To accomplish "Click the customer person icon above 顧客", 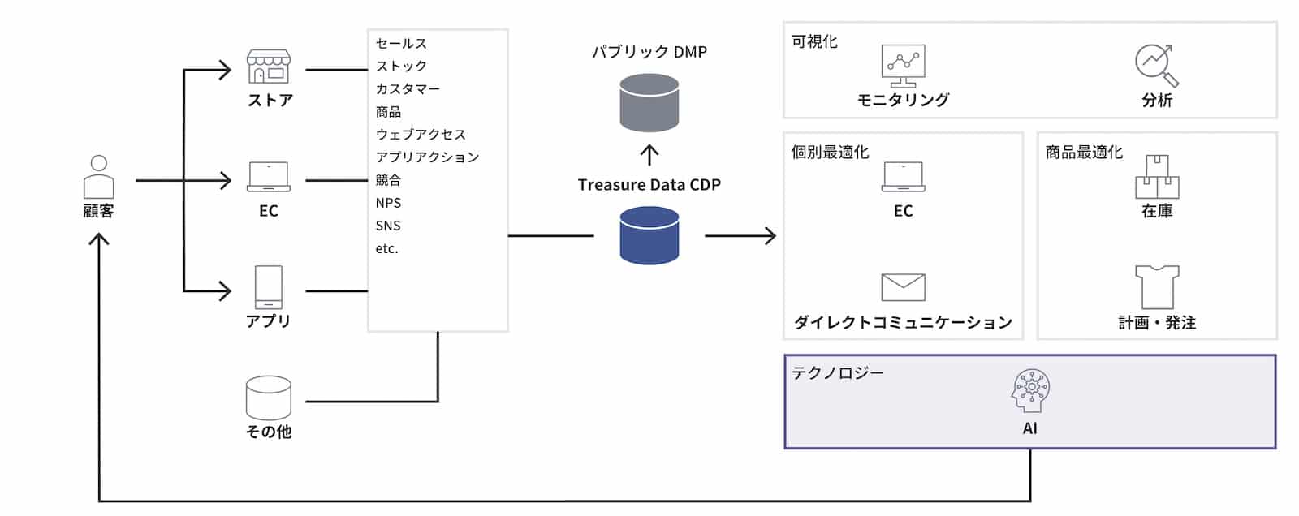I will point(99,176).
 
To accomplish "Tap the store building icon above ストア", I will point(269,67).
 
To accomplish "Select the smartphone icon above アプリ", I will point(269,287).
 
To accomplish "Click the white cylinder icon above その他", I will point(269,398).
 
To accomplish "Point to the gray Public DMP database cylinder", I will point(649,103).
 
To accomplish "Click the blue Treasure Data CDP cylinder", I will point(649,235).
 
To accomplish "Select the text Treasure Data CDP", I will point(649,185).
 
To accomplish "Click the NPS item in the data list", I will point(388,203).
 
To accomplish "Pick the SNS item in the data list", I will point(388,226).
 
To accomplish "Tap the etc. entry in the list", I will point(387,248).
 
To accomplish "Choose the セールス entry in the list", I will point(401,44).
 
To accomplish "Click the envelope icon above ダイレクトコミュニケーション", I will point(904,287).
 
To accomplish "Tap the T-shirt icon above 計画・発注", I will point(1157,286).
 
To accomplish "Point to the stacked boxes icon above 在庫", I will point(1157,176).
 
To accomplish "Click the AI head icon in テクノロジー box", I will point(1030,390).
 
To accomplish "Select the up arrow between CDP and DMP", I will point(649,155).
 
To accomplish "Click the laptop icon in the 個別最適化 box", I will point(904,177).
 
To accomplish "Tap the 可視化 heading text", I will point(814,41).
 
